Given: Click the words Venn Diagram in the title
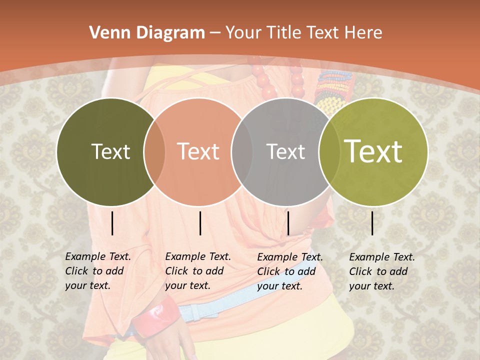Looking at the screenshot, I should click(147, 33).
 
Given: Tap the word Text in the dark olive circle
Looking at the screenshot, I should click(110, 151).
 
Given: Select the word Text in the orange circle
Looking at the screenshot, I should click(198, 151).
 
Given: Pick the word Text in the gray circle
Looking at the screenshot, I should click(285, 151).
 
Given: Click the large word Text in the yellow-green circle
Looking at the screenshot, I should click(373, 151).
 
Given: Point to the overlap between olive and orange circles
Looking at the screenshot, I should click(154, 151).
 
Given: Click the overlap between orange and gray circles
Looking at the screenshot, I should click(242, 151).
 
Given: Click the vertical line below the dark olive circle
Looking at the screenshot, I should click(112, 223).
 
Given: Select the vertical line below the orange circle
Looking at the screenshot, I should click(200, 223).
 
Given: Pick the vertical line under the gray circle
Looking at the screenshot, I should click(288, 223).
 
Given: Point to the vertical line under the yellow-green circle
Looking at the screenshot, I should click(372, 223).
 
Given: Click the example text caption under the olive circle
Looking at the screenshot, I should click(98, 271).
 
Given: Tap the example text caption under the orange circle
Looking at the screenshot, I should click(198, 271).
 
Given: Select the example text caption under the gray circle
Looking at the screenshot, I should click(290, 271).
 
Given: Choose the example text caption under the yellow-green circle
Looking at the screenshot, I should click(382, 271).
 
